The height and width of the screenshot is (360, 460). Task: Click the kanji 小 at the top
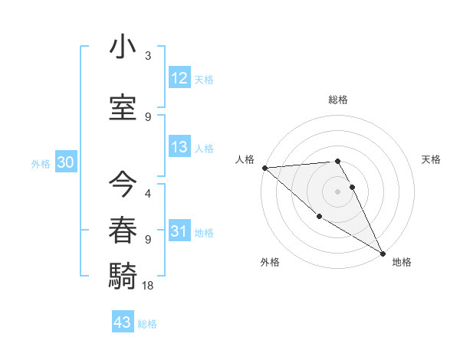[123, 47]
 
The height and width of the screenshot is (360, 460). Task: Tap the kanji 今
[123, 183]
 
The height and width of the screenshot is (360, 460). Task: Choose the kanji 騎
[123, 273]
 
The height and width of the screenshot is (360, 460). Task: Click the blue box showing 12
[179, 77]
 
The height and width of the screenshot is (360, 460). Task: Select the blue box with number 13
[179, 147]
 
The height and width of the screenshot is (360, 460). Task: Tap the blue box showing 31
[179, 231]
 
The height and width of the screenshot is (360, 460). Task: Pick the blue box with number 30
[65, 162]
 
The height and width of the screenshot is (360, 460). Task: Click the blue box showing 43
[122, 322]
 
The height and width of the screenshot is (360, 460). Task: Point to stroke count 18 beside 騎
[149, 285]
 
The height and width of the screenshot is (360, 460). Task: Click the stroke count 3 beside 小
[148, 56]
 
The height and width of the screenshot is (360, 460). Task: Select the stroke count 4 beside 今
[148, 194]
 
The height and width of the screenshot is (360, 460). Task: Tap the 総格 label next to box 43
[147, 324]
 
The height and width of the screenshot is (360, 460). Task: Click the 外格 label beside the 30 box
[41, 163]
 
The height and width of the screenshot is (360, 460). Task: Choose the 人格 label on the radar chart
[245, 159]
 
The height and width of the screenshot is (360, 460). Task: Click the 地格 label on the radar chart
[402, 262]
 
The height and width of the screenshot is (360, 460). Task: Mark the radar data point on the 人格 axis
[264, 168]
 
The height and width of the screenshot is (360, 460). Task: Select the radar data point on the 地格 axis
[383, 253]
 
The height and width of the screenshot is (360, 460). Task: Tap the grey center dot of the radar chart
[338, 191]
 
